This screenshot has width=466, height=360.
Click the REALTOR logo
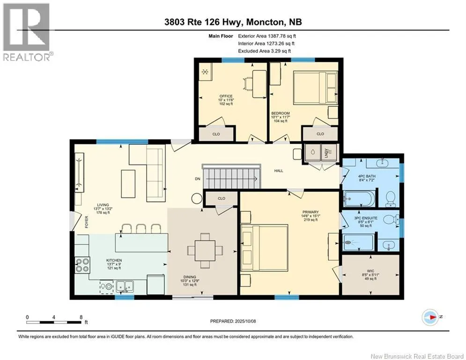point(28,32)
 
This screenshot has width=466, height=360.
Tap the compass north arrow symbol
point(430,317)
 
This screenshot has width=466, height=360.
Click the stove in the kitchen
point(82,265)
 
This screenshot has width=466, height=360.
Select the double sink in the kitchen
point(125,286)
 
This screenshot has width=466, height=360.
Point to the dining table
point(205,250)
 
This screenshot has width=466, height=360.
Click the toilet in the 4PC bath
point(391,199)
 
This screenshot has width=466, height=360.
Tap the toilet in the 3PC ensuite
point(391,219)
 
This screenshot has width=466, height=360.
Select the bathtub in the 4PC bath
point(359,198)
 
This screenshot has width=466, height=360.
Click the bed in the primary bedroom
point(264,248)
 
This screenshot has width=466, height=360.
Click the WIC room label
point(370,271)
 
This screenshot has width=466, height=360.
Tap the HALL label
point(279,171)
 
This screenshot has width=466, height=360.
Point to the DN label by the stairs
point(198,179)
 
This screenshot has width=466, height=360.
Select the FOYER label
point(87,222)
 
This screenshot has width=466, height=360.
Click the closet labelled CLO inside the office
point(216,134)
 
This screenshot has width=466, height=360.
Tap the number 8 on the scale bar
point(81,317)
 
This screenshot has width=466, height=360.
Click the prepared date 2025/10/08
point(245,321)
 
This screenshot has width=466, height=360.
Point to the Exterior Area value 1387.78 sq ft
point(282,36)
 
